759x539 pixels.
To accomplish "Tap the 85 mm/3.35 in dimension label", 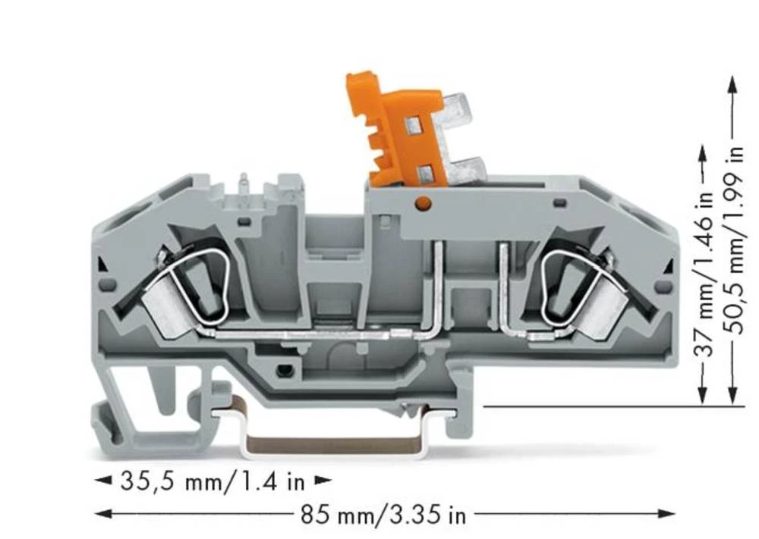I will point(383,515).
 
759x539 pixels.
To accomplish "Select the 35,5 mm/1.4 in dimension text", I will point(212,481).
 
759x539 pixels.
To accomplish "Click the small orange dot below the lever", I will point(424,203).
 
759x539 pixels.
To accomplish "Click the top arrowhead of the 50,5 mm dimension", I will point(732,83).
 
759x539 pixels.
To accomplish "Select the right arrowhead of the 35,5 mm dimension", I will point(324,480).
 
